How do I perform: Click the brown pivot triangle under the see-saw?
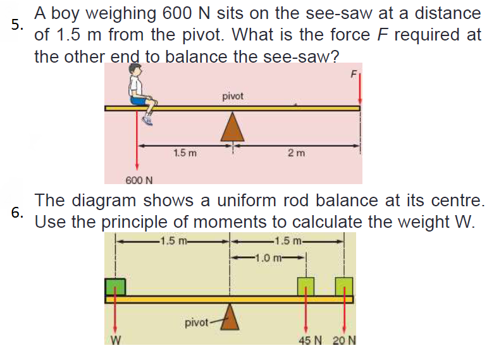pyautogui.click(x=232, y=127)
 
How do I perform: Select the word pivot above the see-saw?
pyautogui.click(x=232, y=96)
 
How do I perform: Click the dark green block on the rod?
pyautogui.click(x=115, y=287)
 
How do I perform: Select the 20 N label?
pyautogui.click(x=344, y=341)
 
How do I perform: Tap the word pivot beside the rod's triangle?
pyautogui.click(x=196, y=323)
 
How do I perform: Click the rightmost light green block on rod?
pyautogui.click(x=344, y=286)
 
